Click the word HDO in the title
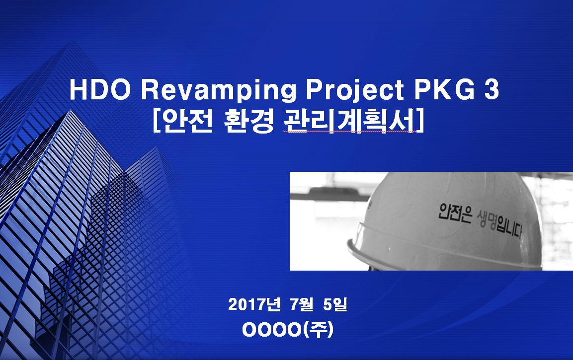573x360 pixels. (100, 90)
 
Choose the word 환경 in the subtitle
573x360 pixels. (248, 122)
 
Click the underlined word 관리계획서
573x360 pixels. (349, 122)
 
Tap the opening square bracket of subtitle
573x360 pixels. (156, 122)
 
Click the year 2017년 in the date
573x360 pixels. (254, 304)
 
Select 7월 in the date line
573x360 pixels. (302, 304)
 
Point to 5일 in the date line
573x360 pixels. (335, 304)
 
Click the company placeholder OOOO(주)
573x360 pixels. (288, 330)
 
